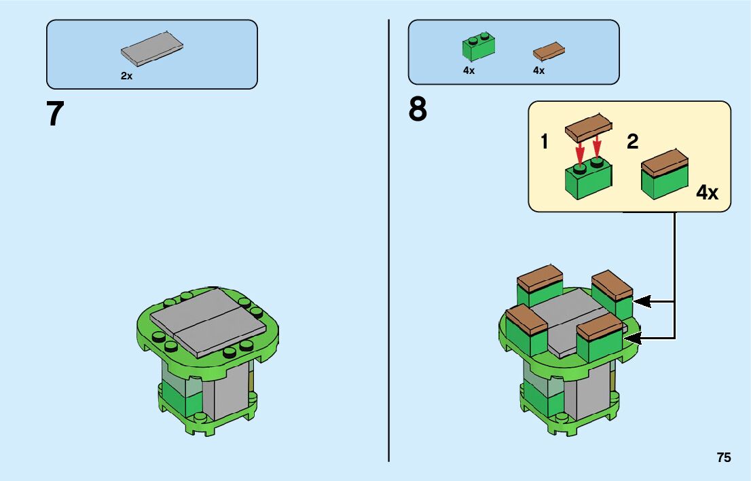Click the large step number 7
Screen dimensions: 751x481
tap(55, 114)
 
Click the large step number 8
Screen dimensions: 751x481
tap(418, 109)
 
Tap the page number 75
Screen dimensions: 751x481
tap(723, 458)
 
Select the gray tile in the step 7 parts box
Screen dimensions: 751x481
tap(152, 48)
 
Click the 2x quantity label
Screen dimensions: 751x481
tap(126, 77)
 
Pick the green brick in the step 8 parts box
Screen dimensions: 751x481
tap(479, 46)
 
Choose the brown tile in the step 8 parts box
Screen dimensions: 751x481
tap(549, 50)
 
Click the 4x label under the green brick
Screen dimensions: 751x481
tap(469, 71)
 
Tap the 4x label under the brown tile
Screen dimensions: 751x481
tap(538, 71)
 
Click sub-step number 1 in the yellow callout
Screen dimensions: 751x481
tap(545, 142)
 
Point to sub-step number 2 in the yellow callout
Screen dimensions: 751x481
tap(633, 142)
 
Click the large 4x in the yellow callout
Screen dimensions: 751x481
tap(707, 193)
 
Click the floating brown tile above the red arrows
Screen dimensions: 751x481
tap(589, 127)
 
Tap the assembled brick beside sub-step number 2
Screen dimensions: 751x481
tap(665, 175)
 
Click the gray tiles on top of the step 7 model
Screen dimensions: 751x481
tap(207, 322)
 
